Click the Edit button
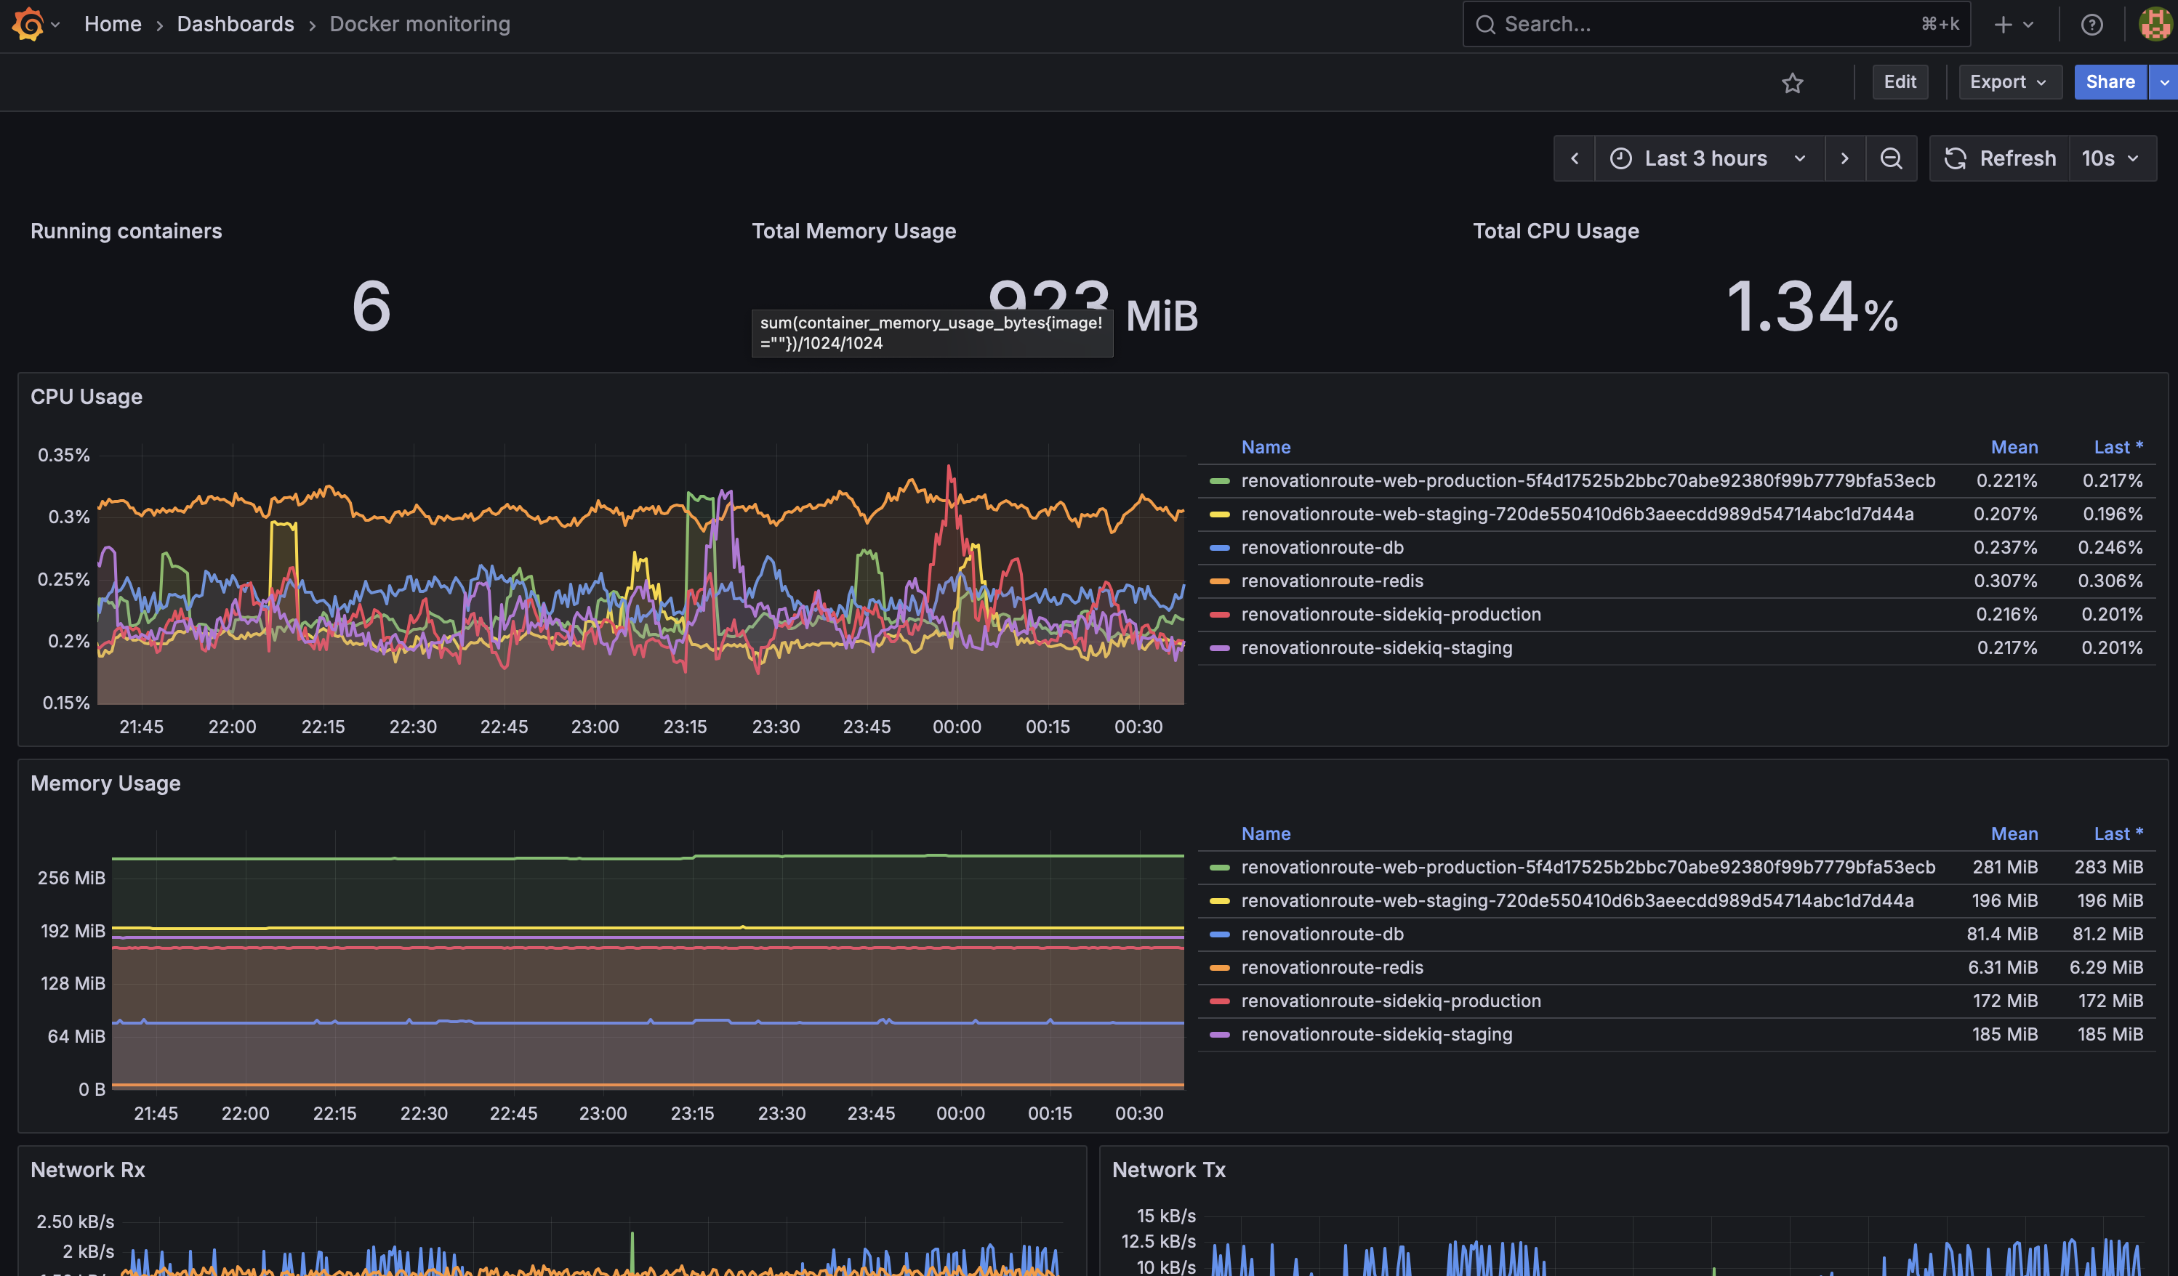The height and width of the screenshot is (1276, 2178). pyautogui.click(x=1900, y=82)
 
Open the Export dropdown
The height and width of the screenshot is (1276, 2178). pyautogui.click(x=2009, y=82)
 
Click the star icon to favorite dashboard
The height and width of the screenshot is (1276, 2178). pyautogui.click(x=1793, y=83)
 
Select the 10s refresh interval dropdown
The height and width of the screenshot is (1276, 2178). pyautogui.click(x=2110, y=159)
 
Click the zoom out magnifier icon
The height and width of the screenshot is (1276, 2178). pyautogui.click(x=1891, y=159)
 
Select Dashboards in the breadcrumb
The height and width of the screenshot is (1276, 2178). pyautogui.click(x=235, y=24)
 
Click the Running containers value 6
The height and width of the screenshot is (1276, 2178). pyautogui.click(x=371, y=307)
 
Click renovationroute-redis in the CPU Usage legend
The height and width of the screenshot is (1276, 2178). pyautogui.click(x=1332, y=581)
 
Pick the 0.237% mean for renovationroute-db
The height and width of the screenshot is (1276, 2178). pyautogui.click(x=2005, y=548)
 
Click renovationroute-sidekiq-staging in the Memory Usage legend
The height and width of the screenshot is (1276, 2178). pyautogui.click(x=1376, y=1035)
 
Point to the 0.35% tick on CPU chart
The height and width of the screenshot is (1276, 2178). pyautogui.click(x=64, y=456)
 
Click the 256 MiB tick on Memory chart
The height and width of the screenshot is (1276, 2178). pyautogui.click(x=72, y=879)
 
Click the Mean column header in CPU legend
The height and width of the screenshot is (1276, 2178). pyautogui.click(x=2014, y=448)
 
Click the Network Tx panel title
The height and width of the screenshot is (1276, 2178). pyautogui.click(x=1168, y=1171)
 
